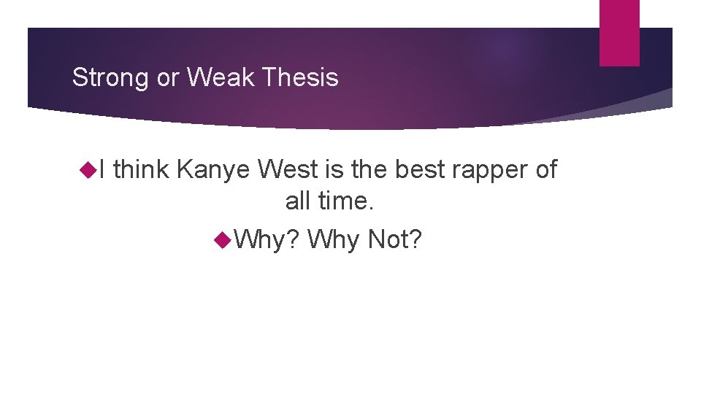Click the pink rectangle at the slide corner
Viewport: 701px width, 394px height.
tap(619, 33)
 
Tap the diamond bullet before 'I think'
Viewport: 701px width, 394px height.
tap(91, 171)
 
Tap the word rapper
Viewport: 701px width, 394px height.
tap(492, 170)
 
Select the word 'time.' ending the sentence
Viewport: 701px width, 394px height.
tap(346, 201)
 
